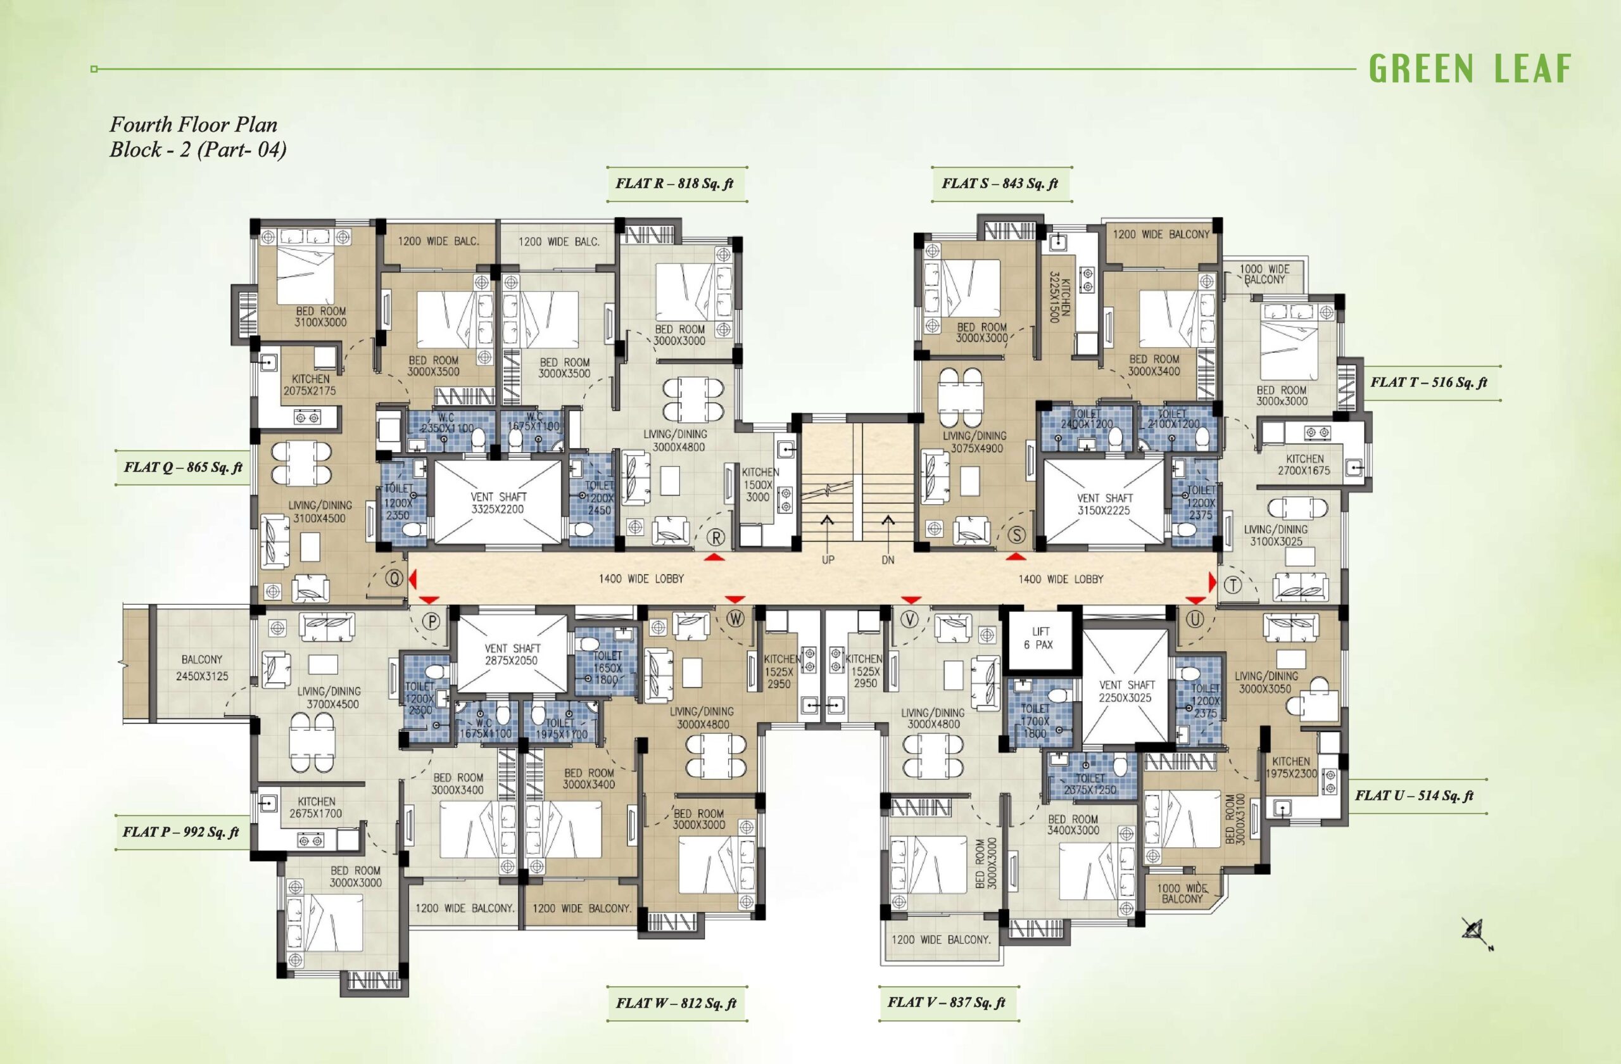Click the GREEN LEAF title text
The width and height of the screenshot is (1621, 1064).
click(x=1470, y=69)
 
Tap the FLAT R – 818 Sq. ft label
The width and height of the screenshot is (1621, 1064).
click(x=674, y=183)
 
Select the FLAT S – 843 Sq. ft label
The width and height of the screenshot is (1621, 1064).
click(x=1000, y=183)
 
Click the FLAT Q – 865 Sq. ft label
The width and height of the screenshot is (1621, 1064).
click(x=182, y=467)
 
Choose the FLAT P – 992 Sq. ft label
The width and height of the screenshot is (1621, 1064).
click(x=180, y=832)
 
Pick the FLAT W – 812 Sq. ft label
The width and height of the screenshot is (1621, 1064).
click(x=676, y=1003)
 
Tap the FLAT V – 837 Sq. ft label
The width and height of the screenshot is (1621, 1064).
click(x=946, y=1003)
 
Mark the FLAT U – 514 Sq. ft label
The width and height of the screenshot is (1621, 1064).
click(x=1414, y=795)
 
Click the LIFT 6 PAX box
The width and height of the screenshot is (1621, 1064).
click(x=1040, y=638)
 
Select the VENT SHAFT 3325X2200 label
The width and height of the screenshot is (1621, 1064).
click(x=498, y=503)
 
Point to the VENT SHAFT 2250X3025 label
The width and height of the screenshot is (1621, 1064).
click(x=1126, y=692)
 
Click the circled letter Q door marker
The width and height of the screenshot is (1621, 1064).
click(x=394, y=578)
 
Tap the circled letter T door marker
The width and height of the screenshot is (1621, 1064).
click(x=1233, y=585)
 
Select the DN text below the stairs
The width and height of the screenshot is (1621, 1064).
click(x=888, y=560)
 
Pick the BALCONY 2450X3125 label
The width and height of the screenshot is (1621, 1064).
click(x=202, y=668)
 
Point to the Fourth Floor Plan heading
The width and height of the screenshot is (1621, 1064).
click(x=193, y=125)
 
